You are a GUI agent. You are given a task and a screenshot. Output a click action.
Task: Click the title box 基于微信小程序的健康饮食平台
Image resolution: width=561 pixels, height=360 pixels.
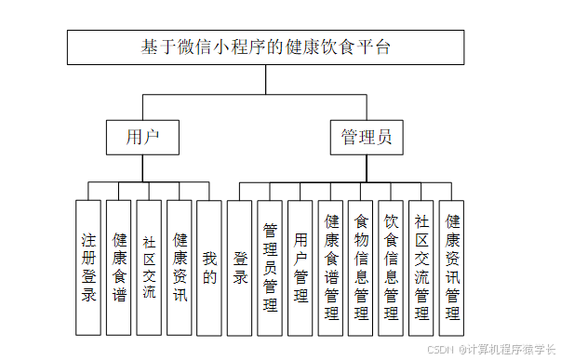click(265, 47)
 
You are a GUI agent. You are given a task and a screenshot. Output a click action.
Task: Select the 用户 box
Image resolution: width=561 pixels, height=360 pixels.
click(142, 138)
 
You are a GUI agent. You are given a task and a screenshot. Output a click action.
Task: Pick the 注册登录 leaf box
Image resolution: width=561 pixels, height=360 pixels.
click(88, 267)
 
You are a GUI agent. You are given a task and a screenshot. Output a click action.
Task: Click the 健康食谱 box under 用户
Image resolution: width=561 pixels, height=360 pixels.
click(119, 267)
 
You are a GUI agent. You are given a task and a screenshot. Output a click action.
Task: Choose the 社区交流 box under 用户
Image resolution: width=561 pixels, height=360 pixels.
click(149, 267)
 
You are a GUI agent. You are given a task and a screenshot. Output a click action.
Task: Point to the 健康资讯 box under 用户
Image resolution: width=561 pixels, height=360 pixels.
click(180, 267)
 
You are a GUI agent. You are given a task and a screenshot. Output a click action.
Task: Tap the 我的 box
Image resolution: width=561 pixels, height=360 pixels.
click(209, 267)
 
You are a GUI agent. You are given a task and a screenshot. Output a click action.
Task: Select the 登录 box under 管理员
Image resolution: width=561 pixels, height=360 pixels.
click(240, 267)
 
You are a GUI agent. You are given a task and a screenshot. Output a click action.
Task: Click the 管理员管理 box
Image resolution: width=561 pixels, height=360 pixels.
click(271, 267)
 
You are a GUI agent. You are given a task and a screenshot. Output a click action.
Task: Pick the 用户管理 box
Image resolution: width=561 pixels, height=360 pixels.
click(301, 267)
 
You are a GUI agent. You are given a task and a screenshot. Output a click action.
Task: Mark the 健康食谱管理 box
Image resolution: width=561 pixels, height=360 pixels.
click(331, 267)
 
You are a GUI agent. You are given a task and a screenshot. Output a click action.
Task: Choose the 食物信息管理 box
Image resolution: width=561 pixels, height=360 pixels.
click(361, 267)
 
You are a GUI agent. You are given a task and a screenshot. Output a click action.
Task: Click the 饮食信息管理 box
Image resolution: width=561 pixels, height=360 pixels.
click(392, 267)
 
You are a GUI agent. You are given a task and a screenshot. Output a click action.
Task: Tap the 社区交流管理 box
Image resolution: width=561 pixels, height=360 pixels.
click(421, 267)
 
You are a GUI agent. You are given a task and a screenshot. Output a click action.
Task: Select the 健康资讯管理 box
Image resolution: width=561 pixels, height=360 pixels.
click(452, 267)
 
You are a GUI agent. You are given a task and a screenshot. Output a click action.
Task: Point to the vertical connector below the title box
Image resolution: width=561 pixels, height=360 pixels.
click(265, 79)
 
